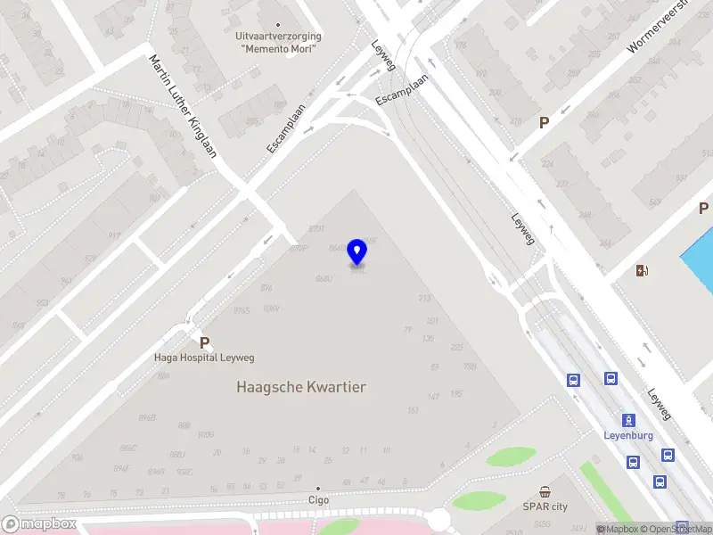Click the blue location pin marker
tap(357, 251)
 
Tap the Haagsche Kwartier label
tap(301, 387)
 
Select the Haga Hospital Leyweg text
tap(204, 358)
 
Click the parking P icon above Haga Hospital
tap(204, 342)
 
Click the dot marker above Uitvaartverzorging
tap(278, 25)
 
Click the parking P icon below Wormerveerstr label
tap(544, 123)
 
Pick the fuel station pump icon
tap(642, 270)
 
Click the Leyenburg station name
tap(629, 435)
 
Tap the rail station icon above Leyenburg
tap(629, 420)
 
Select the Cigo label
tap(318, 500)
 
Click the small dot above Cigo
tap(318, 489)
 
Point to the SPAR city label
tap(545, 506)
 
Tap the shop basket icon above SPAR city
tap(545, 492)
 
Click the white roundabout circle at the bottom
tap(438, 519)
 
